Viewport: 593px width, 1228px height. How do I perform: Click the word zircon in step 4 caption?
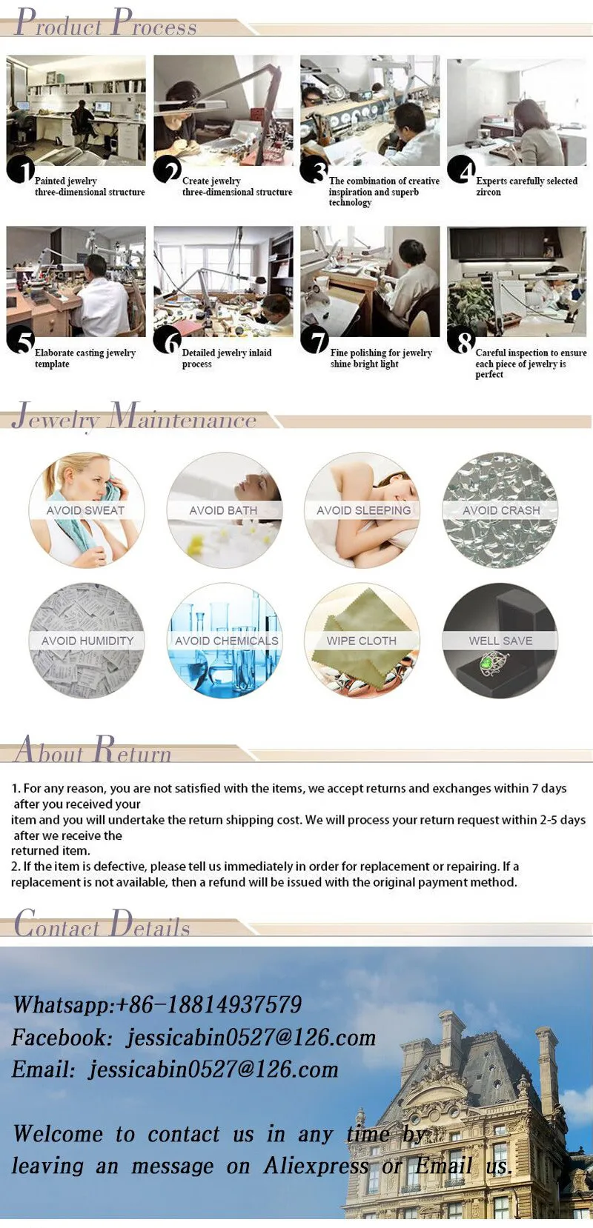(x=488, y=193)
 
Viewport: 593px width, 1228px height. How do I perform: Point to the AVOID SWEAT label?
(x=85, y=510)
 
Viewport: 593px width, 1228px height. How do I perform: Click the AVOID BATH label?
(x=223, y=510)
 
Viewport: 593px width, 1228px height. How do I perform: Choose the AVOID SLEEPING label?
(x=364, y=510)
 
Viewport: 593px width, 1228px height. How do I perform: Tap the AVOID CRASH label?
(x=501, y=510)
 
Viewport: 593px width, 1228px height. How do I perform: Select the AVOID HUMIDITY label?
(x=87, y=641)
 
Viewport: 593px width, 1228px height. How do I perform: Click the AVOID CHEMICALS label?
(x=227, y=641)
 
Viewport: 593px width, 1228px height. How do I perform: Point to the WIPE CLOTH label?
(x=362, y=641)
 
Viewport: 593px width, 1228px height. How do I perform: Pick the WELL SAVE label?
(x=500, y=641)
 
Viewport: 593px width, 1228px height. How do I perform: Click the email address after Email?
(x=213, y=1070)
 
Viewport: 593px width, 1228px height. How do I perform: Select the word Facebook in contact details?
(x=62, y=1037)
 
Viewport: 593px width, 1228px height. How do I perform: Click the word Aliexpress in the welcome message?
(x=316, y=1166)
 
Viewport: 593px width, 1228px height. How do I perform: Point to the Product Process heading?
(x=105, y=23)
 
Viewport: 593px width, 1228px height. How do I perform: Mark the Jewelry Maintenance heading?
(x=134, y=417)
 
